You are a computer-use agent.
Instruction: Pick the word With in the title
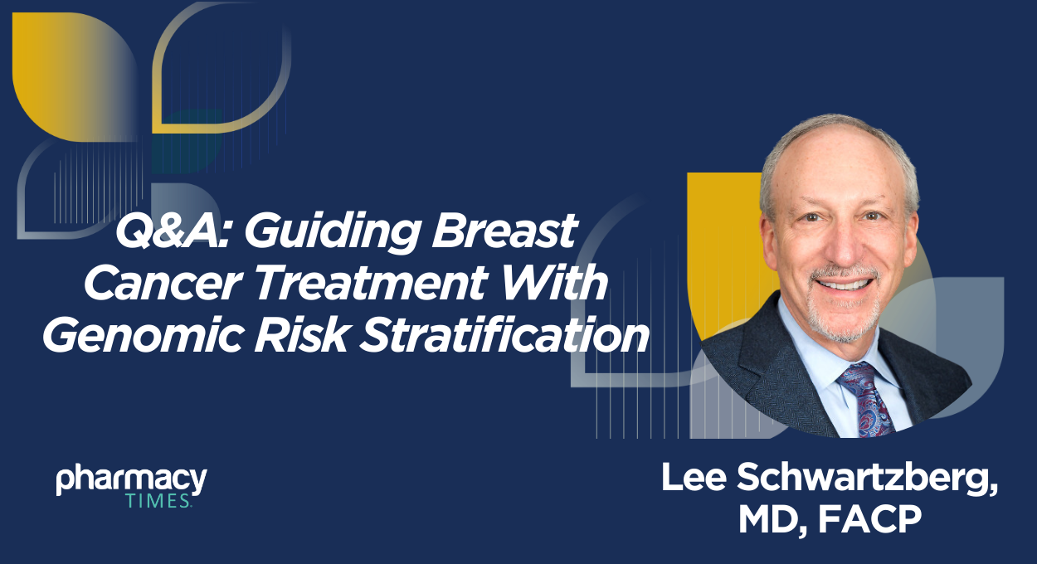coord(561,284)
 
